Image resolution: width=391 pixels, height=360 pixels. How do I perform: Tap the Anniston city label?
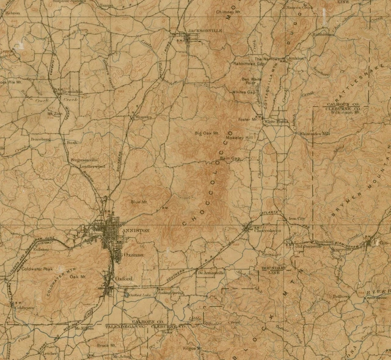(135, 230)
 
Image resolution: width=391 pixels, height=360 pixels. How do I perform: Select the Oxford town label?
(123, 278)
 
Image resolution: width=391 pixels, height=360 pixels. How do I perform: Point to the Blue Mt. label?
(139, 201)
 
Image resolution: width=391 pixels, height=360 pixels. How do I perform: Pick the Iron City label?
(296, 218)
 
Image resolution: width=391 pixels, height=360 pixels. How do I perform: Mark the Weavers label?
(143, 117)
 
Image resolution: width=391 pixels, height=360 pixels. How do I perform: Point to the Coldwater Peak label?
(37, 268)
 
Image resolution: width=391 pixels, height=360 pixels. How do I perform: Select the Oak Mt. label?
(78, 277)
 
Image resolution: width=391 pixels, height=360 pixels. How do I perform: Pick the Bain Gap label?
(230, 159)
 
